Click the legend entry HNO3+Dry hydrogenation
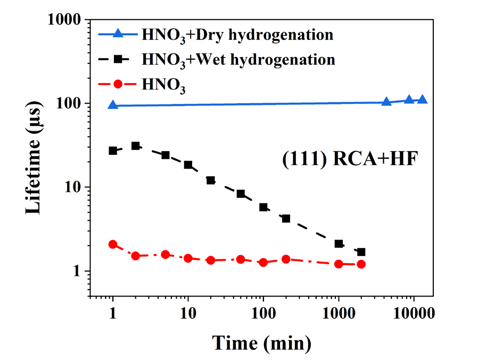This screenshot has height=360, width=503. tap(237, 36)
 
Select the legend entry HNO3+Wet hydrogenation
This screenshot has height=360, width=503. tap(238, 59)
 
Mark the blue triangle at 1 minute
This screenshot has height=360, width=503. tap(113, 105)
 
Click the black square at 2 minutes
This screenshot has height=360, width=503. tap(136, 145)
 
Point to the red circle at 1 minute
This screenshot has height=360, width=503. tap(113, 244)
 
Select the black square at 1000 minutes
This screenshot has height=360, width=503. tap(339, 243)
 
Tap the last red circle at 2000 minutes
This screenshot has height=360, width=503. tap(361, 264)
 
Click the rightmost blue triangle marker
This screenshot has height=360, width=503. tap(423, 100)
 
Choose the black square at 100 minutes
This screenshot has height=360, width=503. tap(263, 207)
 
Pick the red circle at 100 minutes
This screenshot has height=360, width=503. tap(263, 263)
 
